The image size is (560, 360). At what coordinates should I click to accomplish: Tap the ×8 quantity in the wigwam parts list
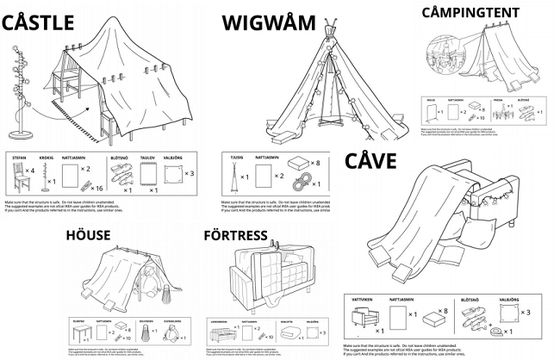point(318,160)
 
